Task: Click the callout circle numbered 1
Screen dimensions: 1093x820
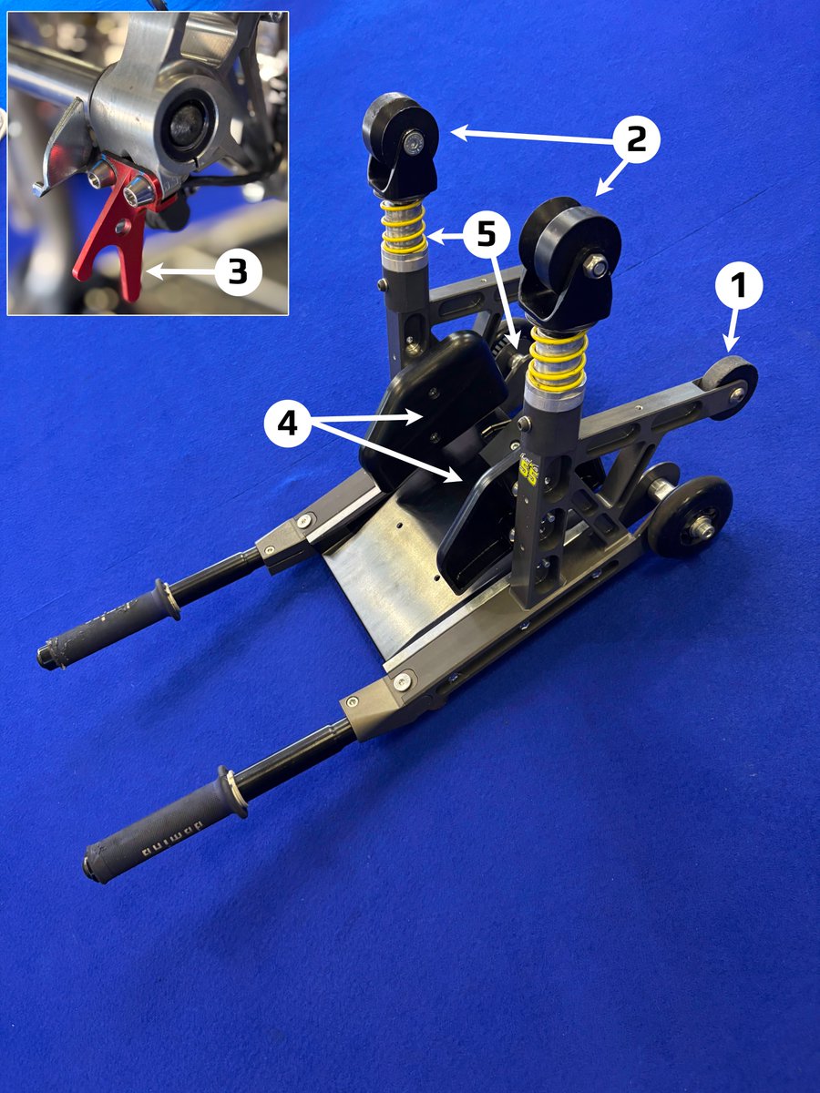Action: (739, 287)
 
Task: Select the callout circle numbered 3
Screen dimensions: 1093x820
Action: (238, 271)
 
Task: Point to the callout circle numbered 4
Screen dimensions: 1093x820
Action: (287, 424)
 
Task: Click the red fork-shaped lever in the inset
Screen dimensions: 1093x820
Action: (109, 237)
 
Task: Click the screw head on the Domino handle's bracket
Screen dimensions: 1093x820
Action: (401, 681)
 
